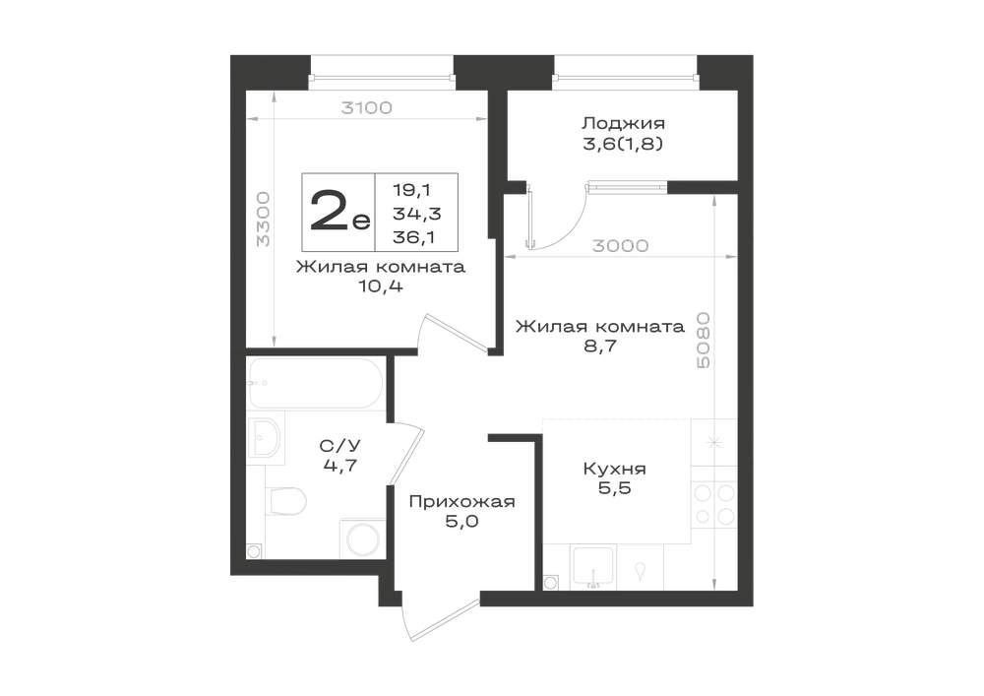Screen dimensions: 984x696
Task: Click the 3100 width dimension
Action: (366, 107)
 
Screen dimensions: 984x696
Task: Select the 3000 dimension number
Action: (621, 245)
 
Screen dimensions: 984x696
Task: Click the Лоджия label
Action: (623, 123)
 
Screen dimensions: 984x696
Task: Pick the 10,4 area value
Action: (379, 286)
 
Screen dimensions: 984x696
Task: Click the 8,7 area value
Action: (600, 346)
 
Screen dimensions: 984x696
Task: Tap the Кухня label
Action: (614, 469)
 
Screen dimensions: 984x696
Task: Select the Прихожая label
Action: (461, 501)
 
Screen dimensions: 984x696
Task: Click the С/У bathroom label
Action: (340, 446)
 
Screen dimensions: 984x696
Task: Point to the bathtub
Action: (315, 384)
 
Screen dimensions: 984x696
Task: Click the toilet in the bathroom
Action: (285, 501)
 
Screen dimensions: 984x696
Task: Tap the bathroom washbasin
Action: (266, 437)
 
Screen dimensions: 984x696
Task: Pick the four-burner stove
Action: (714, 504)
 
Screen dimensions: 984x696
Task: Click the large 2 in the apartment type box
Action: (332, 211)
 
